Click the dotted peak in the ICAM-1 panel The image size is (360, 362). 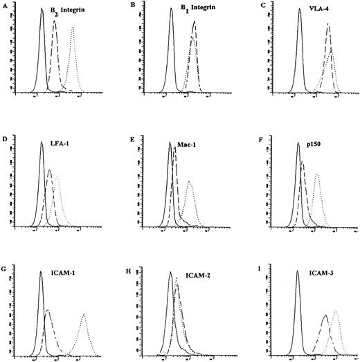[84, 315]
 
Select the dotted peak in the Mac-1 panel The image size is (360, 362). [189, 182]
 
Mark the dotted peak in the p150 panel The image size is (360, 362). [317, 174]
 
